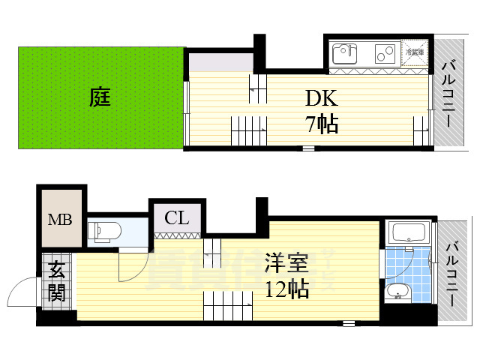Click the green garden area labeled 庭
coord(100,97)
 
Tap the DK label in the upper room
coord(322,98)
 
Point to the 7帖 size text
coord(322,124)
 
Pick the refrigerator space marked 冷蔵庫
coord(415,53)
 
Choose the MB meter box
coord(60,220)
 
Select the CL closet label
coord(176,218)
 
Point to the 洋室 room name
coord(286,265)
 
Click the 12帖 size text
coord(286,290)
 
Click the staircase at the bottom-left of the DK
coord(248,133)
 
